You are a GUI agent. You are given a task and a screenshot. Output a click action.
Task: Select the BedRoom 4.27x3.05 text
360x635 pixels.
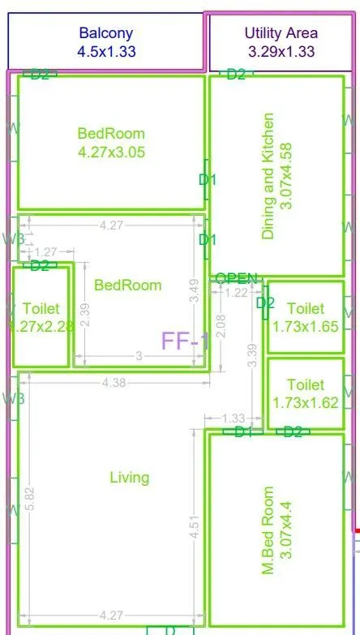pyautogui.click(x=111, y=142)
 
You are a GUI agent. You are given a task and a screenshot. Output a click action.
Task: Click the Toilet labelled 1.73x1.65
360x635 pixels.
pyautogui.click(x=305, y=317)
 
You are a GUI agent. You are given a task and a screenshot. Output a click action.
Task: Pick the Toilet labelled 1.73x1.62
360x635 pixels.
pyautogui.click(x=305, y=393)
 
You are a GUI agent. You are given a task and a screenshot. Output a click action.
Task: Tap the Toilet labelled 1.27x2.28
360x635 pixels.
pyautogui.click(x=38, y=317)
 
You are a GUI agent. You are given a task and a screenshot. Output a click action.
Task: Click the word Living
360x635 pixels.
pyautogui.click(x=130, y=478)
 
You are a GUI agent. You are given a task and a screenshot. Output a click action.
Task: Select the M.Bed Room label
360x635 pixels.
pyautogui.click(x=278, y=530)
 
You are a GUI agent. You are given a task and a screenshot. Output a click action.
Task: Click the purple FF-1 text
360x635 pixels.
pyautogui.click(x=185, y=341)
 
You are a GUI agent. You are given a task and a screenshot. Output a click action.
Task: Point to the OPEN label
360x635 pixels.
pyautogui.click(x=236, y=279)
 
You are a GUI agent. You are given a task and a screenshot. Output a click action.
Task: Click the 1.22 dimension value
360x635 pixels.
pyautogui.click(x=237, y=293)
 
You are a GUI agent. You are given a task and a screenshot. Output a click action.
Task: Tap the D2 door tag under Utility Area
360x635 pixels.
pyautogui.click(x=236, y=75)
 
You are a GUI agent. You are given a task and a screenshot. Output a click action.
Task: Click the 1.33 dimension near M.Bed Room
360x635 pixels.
pyautogui.click(x=234, y=418)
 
